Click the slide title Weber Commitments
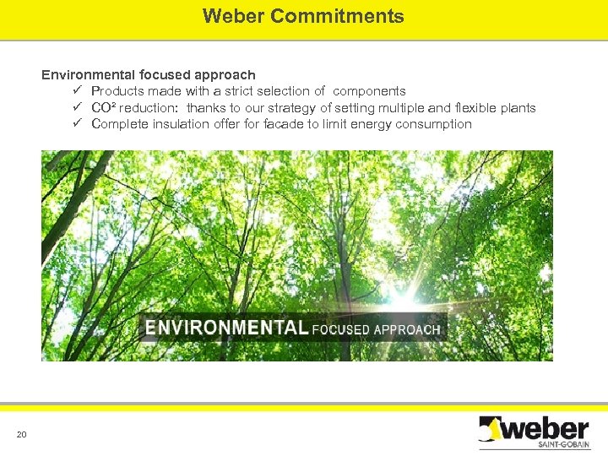[303, 16]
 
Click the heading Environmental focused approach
[149, 75]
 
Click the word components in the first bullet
[369, 91]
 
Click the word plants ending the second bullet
[517, 107]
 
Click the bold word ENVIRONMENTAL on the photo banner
[226, 328]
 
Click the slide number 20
[21, 435]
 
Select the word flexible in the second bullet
[476, 107]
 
